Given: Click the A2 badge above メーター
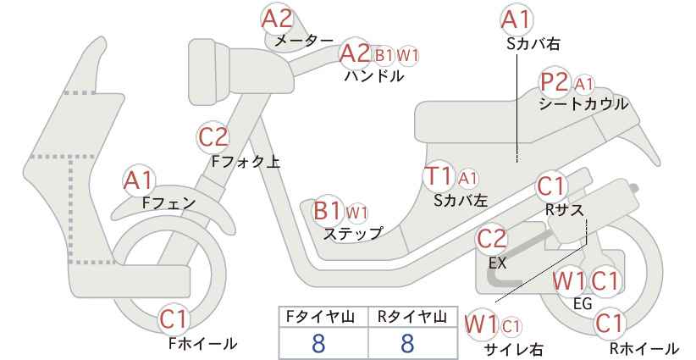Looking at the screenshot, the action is pyautogui.click(x=277, y=19).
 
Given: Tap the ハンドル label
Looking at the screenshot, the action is pyautogui.click(x=374, y=76).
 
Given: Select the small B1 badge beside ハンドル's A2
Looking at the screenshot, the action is pyautogui.click(x=384, y=56).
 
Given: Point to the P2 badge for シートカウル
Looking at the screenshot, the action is pyautogui.click(x=555, y=82).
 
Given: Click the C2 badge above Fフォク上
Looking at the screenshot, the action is pyautogui.click(x=213, y=136).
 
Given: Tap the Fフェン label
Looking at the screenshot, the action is pyautogui.click(x=168, y=202).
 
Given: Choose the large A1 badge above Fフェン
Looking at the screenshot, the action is pyautogui.click(x=139, y=180).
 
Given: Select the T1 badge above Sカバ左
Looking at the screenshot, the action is pyautogui.click(x=439, y=176).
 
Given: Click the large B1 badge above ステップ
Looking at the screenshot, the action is pyautogui.click(x=328, y=211).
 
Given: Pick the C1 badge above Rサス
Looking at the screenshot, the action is pyautogui.click(x=552, y=187).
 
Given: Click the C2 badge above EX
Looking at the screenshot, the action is pyautogui.click(x=491, y=239).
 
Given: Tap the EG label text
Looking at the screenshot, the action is pyautogui.click(x=583, y=303).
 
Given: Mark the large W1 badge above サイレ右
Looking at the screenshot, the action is pyautogui.click(x=481, y=325).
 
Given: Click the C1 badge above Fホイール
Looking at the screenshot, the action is pyautogui.click(x=174, y=319).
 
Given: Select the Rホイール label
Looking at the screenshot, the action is pyautogui.click(x=644, y=348).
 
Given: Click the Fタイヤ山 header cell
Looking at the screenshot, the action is pyautogui.click(x=323, y=317).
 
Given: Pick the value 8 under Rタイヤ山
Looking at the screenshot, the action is pyautogui.click(x=407, y=343).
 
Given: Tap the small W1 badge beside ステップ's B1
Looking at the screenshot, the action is pyautogui.click(x=356, y=213).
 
